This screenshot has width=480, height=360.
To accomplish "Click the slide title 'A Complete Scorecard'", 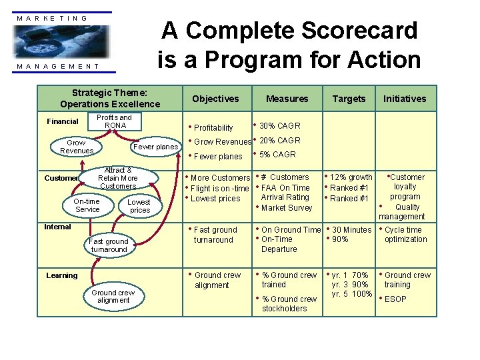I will pos(289,30).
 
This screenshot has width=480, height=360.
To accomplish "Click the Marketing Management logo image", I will pos(64,41).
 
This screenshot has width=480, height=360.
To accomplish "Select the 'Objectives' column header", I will pos(215,99).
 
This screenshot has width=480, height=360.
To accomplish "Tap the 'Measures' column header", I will pos(287,99).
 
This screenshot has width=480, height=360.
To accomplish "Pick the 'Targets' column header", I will pos(349,99).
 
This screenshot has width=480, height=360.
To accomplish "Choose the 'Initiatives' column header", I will pos(404,99).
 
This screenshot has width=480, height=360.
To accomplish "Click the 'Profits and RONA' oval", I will pos(115,121).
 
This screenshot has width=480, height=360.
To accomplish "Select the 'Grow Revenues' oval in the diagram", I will pos(77,147).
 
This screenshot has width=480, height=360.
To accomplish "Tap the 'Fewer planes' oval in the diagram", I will pos(155,147).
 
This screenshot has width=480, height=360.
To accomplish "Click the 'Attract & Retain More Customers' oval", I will pos(117,178).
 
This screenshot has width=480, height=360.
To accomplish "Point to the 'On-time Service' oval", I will pos(87,205).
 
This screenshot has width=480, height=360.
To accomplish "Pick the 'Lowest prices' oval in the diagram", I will pos(139,206).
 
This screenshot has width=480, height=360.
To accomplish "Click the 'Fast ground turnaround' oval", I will pos(108,245).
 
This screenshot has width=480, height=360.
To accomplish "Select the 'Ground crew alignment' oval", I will pos(113,296).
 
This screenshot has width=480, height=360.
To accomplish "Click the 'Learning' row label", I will pos(61,275).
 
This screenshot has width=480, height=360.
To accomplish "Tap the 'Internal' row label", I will pos(57,227).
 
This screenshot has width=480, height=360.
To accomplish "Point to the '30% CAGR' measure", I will pos(279,126).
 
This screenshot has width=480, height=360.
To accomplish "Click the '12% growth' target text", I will pos(351,177).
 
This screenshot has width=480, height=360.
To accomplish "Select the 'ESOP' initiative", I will pos(395,299).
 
